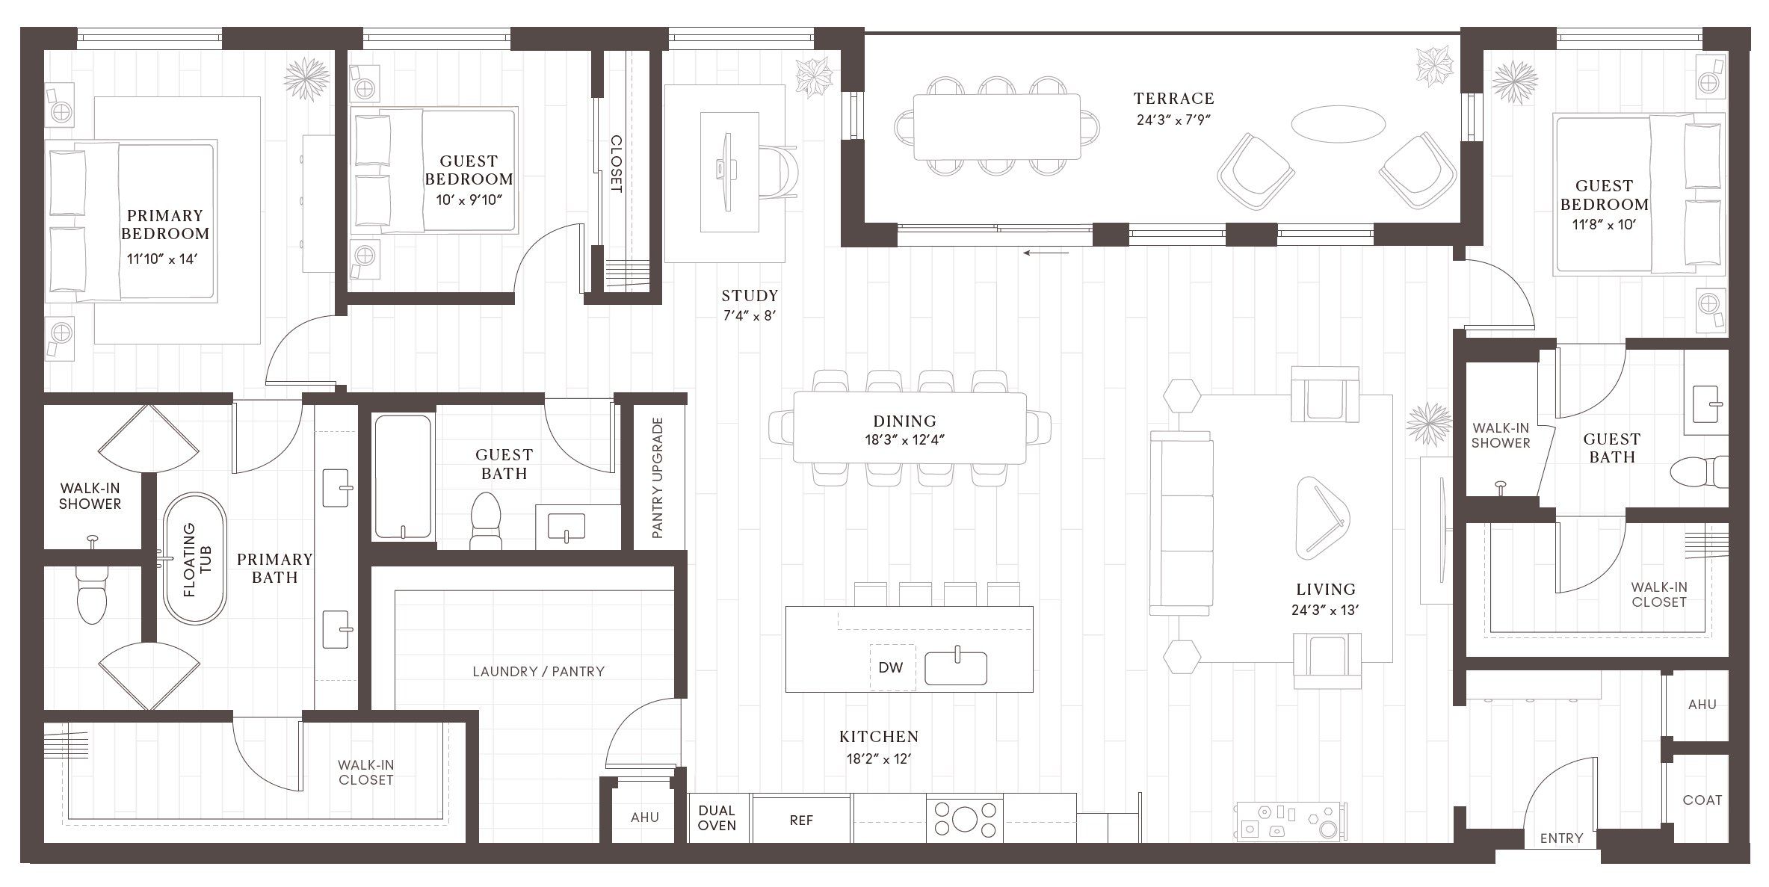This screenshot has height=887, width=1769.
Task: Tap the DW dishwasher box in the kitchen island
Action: pyautogui.click(x=891, y=667)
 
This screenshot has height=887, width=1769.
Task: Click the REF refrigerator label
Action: pyautogui.click(x=800, y=820)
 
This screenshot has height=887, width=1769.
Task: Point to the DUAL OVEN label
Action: pyautogui.click(x=717, y=818)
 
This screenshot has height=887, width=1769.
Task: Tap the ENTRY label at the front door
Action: pyautogui.click(x=1561, y=838)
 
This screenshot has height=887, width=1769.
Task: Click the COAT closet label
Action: pyautogui.click(x=1702, y=800)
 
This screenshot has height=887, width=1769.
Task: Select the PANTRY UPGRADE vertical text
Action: pyautogui.click(x=658, y=478)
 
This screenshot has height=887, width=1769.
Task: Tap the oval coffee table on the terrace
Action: pyautogui.click(x=1338, y=123)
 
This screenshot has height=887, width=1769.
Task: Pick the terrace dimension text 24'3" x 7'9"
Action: pyautogui.click(x=1173, y=120)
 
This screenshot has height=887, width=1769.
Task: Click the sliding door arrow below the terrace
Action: pyautogui.click(x=1046, y=253)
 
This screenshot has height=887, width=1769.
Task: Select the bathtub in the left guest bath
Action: pyautogui.click(x=403, y=477)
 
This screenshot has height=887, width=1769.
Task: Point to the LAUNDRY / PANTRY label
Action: pyautogui.click(x=538, y=671)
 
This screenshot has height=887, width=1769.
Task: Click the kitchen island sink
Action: pyautogui.click(x=956, y=667)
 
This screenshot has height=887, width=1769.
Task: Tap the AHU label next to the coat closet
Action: pyautogui.click(x=1702, y=704)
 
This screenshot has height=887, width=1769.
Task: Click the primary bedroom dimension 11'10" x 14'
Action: pyautogui.click(x=162, y=259)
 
